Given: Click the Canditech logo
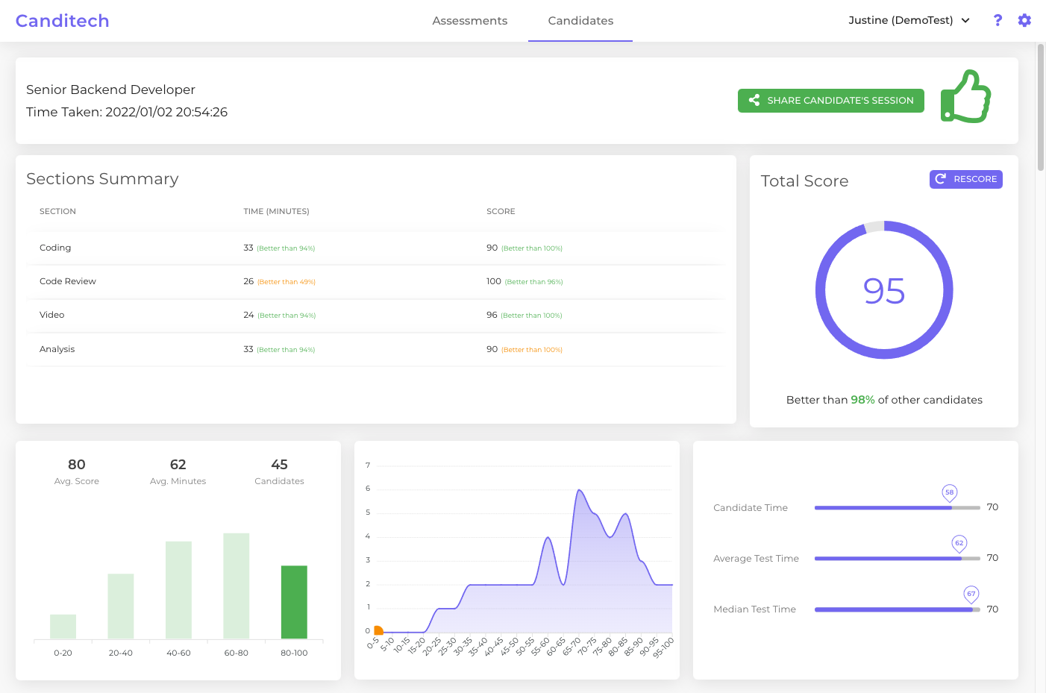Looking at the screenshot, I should click(63, 21).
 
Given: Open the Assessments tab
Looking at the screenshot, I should click(469, 21).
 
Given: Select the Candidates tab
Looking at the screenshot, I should click(580, 21).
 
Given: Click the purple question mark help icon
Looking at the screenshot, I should click(998, 20).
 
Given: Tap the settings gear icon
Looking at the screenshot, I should click(1024, 20).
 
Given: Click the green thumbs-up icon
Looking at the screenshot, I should click(965, 97).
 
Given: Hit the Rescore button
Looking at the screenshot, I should click(965, 179).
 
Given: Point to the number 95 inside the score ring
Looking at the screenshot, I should click(884, 291).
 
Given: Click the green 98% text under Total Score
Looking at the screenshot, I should click(862, 400).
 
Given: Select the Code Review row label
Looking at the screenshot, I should click(68, 281).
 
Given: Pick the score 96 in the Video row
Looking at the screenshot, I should click(492, 315).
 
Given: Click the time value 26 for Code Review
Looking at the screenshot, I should click(248, 281).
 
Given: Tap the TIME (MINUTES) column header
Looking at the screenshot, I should click(276, 211).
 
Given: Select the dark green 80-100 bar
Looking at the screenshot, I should click(294, 602).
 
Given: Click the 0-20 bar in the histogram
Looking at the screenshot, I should click(63, 627).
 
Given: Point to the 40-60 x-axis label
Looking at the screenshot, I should click(178, 653).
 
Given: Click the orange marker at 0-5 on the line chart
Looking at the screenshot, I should click(378, 630).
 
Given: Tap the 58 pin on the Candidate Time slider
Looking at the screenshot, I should click(949, 492).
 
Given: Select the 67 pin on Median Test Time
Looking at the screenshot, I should click(971, 594).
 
